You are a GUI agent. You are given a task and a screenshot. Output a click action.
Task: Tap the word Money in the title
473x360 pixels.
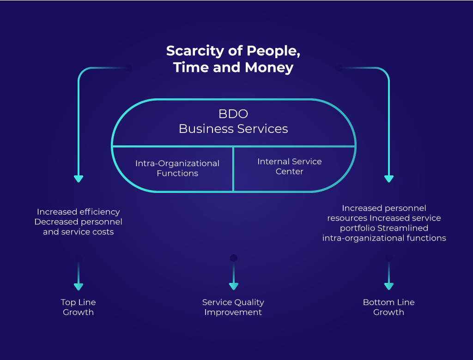pyautogui.click(x=269, y=67)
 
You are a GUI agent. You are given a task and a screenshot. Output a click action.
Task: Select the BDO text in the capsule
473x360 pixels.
pyautogui.click(x=233, y=114)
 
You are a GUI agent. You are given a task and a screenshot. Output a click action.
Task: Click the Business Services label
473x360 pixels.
pyautogui.click(x=233, y=129)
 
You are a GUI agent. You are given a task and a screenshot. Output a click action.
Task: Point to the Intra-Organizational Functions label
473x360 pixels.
pyautogui.click(x=177, y=168)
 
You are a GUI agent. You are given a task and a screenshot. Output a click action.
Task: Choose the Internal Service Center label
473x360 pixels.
pyautogui.click(x=290, y=167)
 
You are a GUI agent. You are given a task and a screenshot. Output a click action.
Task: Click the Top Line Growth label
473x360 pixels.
pyautogui.click(x=79, y=307)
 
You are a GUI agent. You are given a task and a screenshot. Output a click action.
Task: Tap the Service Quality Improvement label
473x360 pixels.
pyautogui.click(x=233, y=307)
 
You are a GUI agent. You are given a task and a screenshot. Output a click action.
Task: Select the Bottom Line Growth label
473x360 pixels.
pyautogui.click(x=389, y=307)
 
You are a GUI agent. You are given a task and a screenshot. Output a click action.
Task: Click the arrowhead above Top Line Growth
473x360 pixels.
pyautogui.click(x=79, y=287)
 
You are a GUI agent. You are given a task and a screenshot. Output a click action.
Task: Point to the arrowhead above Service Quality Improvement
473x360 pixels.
pyautogui.click(x=234, y=286)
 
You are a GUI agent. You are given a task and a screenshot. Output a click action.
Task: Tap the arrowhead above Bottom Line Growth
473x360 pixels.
pyautogui.click(x=389, y=286)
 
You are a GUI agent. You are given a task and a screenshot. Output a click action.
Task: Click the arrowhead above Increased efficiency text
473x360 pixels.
pyautogui.click(x=79, y=179)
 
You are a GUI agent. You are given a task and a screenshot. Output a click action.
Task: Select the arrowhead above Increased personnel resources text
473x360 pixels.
pyautogui.click(x=389, y=179)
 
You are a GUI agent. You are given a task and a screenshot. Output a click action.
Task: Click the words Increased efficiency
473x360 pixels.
pyautogui.click(x=79, y=212)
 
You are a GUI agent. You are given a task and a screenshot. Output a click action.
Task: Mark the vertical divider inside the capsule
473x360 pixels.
pyautogui.click(x=233, y=169)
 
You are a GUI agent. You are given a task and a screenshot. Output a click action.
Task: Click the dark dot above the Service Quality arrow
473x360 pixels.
pyautogui.click(x=234, y=258)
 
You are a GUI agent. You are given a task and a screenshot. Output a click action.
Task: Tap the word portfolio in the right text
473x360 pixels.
pyautogui.click(x=358, y=228)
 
